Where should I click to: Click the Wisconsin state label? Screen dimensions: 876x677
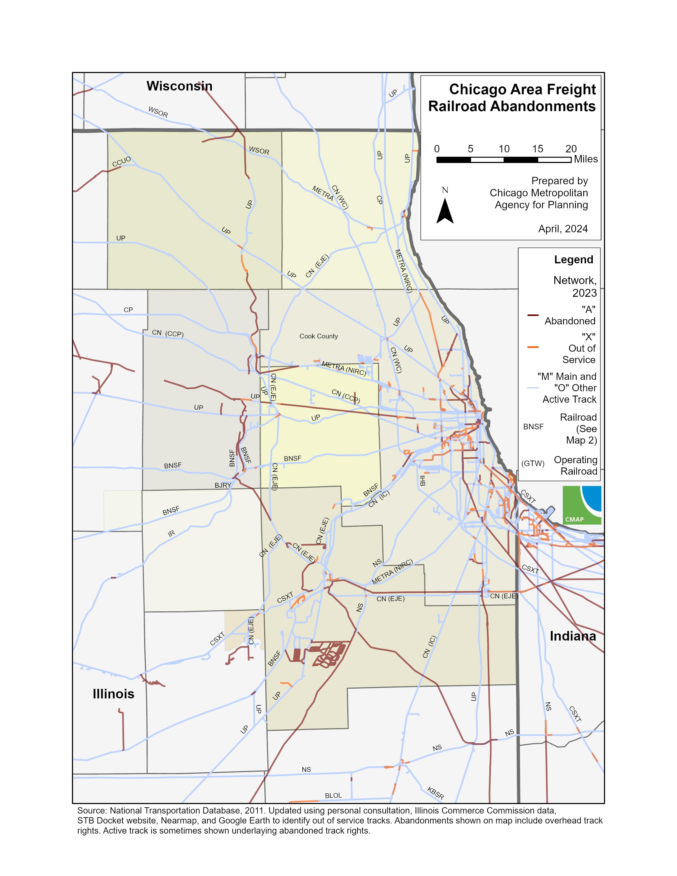[179, 86]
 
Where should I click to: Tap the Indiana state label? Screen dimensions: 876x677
[573, 636]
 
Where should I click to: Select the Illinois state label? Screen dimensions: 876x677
[114, 705]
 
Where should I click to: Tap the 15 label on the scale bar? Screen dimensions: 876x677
[537, 149]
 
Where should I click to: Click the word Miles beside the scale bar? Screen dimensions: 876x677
[586, 159]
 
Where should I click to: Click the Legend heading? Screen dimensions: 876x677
[573, 260]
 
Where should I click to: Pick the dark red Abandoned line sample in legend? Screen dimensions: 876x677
[533, 315]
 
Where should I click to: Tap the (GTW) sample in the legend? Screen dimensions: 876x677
[533, 463]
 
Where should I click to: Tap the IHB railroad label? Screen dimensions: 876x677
[422, 481]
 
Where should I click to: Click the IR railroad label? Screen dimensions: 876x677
[171, 534]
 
